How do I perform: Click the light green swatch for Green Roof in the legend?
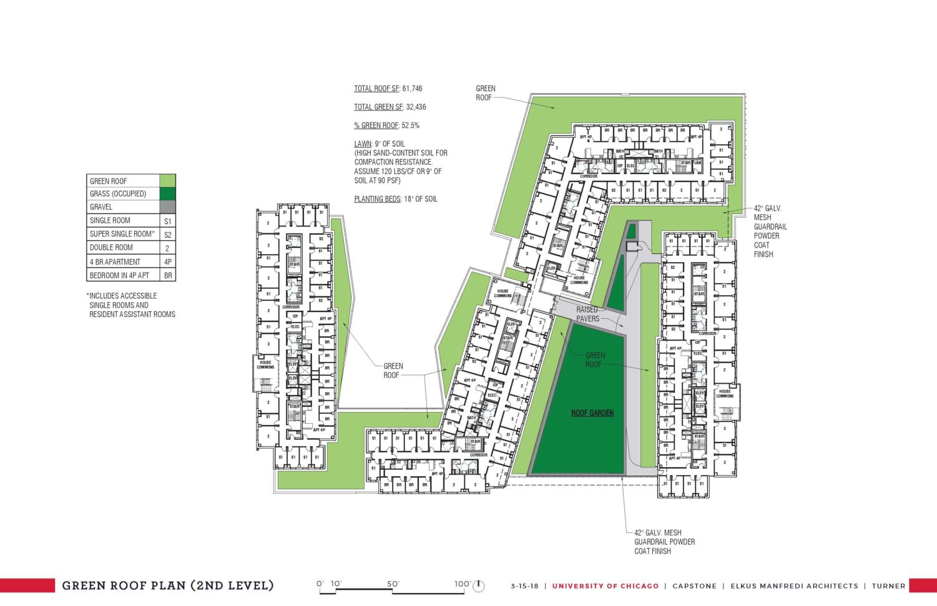coord(167,181)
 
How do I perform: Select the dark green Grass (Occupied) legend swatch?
coord(167,193)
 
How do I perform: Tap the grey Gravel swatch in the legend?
coord(167,207)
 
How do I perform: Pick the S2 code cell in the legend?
coord(167,235)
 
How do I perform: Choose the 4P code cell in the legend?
coord(167,262)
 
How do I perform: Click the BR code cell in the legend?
coord(167,275)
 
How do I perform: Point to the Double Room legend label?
coord(111,248)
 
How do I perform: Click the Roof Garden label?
coord(592,413)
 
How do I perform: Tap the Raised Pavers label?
coord(587,314)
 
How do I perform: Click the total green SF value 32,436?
coord(416,107)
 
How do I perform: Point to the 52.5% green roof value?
coord(411,125)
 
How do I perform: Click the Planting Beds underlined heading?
coord(377,199)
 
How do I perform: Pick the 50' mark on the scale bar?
coord(393,584)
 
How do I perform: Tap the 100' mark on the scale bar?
coord(462,584)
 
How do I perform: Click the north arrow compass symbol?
coord(479,586)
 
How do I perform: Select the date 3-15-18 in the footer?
coord(525,586)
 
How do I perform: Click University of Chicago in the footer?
coord(605,586)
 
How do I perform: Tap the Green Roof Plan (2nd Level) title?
coord(167,585)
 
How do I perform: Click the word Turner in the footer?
coord(888,586)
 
